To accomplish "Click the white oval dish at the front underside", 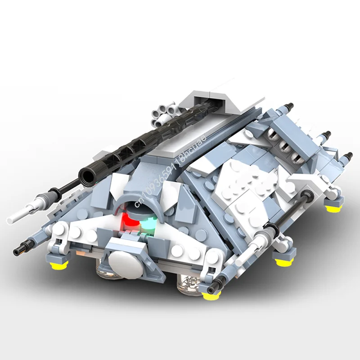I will tap(122, 261).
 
